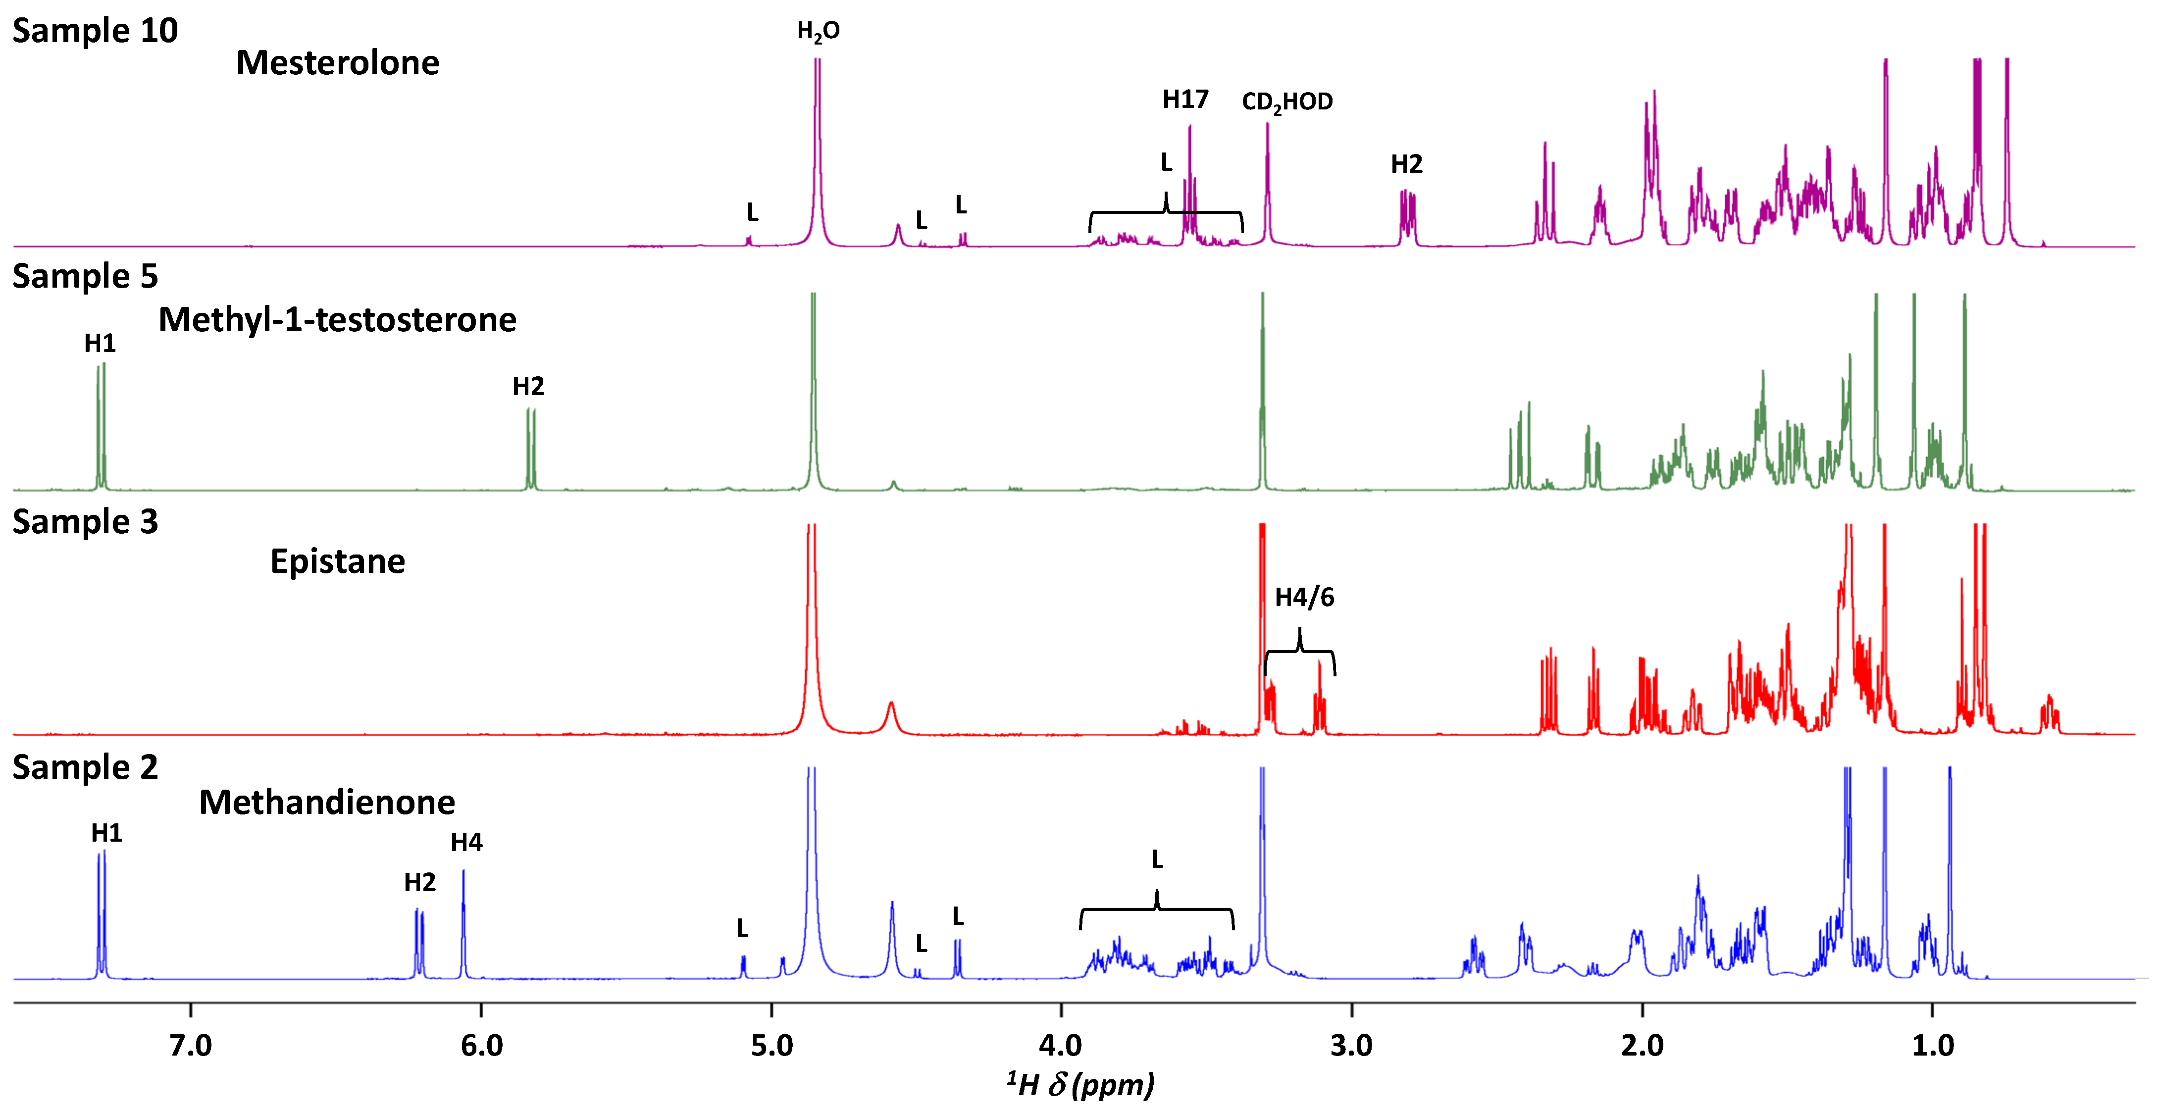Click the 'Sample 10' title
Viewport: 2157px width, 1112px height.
pos(95,31)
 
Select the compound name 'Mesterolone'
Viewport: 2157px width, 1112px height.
pos(337,63)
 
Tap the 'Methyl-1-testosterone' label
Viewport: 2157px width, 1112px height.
pos(337,320)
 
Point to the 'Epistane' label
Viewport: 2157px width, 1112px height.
pos(337,561)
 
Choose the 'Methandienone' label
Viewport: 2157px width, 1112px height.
pos(326,802)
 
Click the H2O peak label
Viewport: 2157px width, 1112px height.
pos(818,32)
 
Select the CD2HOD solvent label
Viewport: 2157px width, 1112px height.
pos(1287,102)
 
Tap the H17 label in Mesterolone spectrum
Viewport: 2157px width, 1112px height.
pos(1185,100)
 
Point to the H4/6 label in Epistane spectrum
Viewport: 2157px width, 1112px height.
pos(1304,597)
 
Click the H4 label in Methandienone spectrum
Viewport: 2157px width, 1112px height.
pos(466,842)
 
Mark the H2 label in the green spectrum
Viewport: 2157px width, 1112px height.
pos(528,386)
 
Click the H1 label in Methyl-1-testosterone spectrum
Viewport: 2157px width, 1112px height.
pos(100,343)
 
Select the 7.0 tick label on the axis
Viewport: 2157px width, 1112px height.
pos(191,1045)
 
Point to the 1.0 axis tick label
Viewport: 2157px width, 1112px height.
pos(1933,1045)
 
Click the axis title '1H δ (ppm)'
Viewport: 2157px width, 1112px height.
pos(1080,1084)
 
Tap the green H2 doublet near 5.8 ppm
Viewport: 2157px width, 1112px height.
pos(531,448)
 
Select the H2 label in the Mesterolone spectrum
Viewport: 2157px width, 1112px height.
pos(1407,164)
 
